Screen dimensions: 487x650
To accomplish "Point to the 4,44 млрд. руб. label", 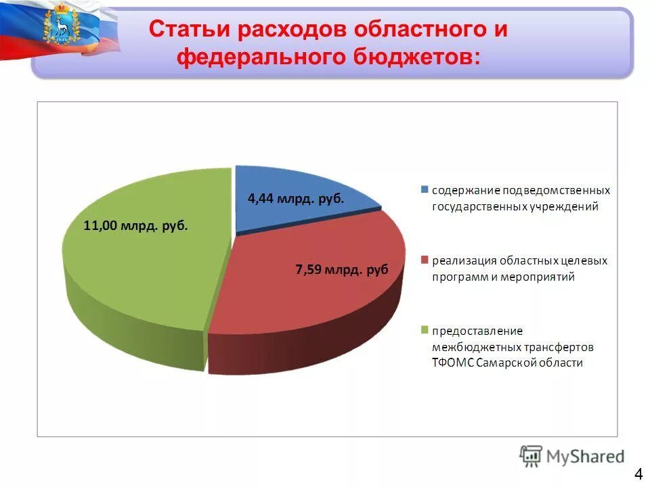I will click(x=296, y=199).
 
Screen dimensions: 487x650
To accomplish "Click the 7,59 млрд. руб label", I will click(x=342, y=270).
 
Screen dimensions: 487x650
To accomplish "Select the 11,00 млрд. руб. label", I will click(x=135, y=226).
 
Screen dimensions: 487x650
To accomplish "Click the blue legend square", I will click(x=425, y=189).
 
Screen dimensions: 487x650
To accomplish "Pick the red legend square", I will click(x=425, y=260).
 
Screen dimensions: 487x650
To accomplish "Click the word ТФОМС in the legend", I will click(x=452, y=363).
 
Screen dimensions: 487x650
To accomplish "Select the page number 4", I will click(x=638, y=472).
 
